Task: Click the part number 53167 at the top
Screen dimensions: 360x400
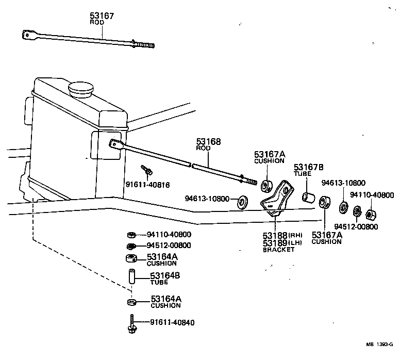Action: (102, 16)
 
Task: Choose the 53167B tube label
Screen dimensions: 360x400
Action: (309, 167)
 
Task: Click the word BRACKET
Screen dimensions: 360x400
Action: (279, 250)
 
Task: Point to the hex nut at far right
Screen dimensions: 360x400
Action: (370, 214)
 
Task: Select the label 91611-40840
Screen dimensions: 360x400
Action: (173, 323)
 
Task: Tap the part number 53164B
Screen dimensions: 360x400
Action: (165, 275)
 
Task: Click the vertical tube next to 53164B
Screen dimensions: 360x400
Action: (131, 279)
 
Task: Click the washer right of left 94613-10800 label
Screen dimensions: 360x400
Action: (241, 202)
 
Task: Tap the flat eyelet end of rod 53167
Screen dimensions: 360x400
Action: (27, 36)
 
